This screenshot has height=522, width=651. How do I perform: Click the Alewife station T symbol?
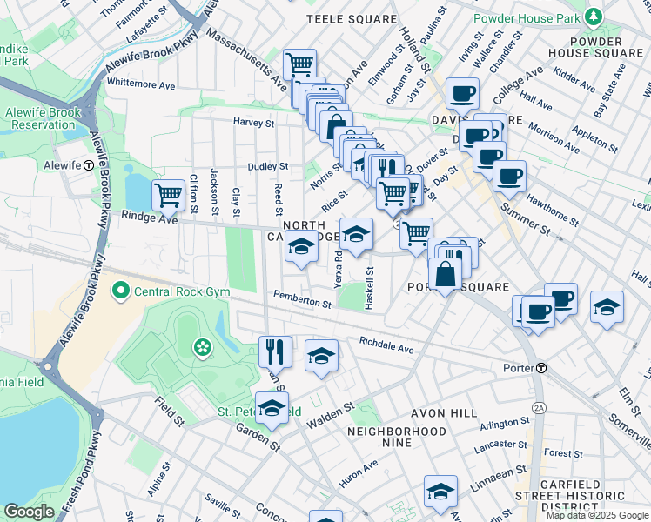coord(89,164)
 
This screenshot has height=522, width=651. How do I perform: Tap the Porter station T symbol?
coord(540,368)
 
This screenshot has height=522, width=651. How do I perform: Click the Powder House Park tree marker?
coord(593,17)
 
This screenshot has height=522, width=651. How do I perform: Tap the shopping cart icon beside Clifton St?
coord(167,194)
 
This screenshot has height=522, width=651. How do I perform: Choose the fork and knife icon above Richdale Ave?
coord(275,351)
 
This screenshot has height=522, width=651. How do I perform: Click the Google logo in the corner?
coord(30,512)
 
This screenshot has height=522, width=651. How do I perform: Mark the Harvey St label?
coord(253,122)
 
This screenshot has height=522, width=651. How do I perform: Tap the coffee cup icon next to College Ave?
coord(463,92)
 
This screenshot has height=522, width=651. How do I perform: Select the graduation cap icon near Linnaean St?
coord(440,492)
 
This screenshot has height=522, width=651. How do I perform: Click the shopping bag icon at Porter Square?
coord(445,274)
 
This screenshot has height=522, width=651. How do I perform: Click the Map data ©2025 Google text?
coord(597,515)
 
